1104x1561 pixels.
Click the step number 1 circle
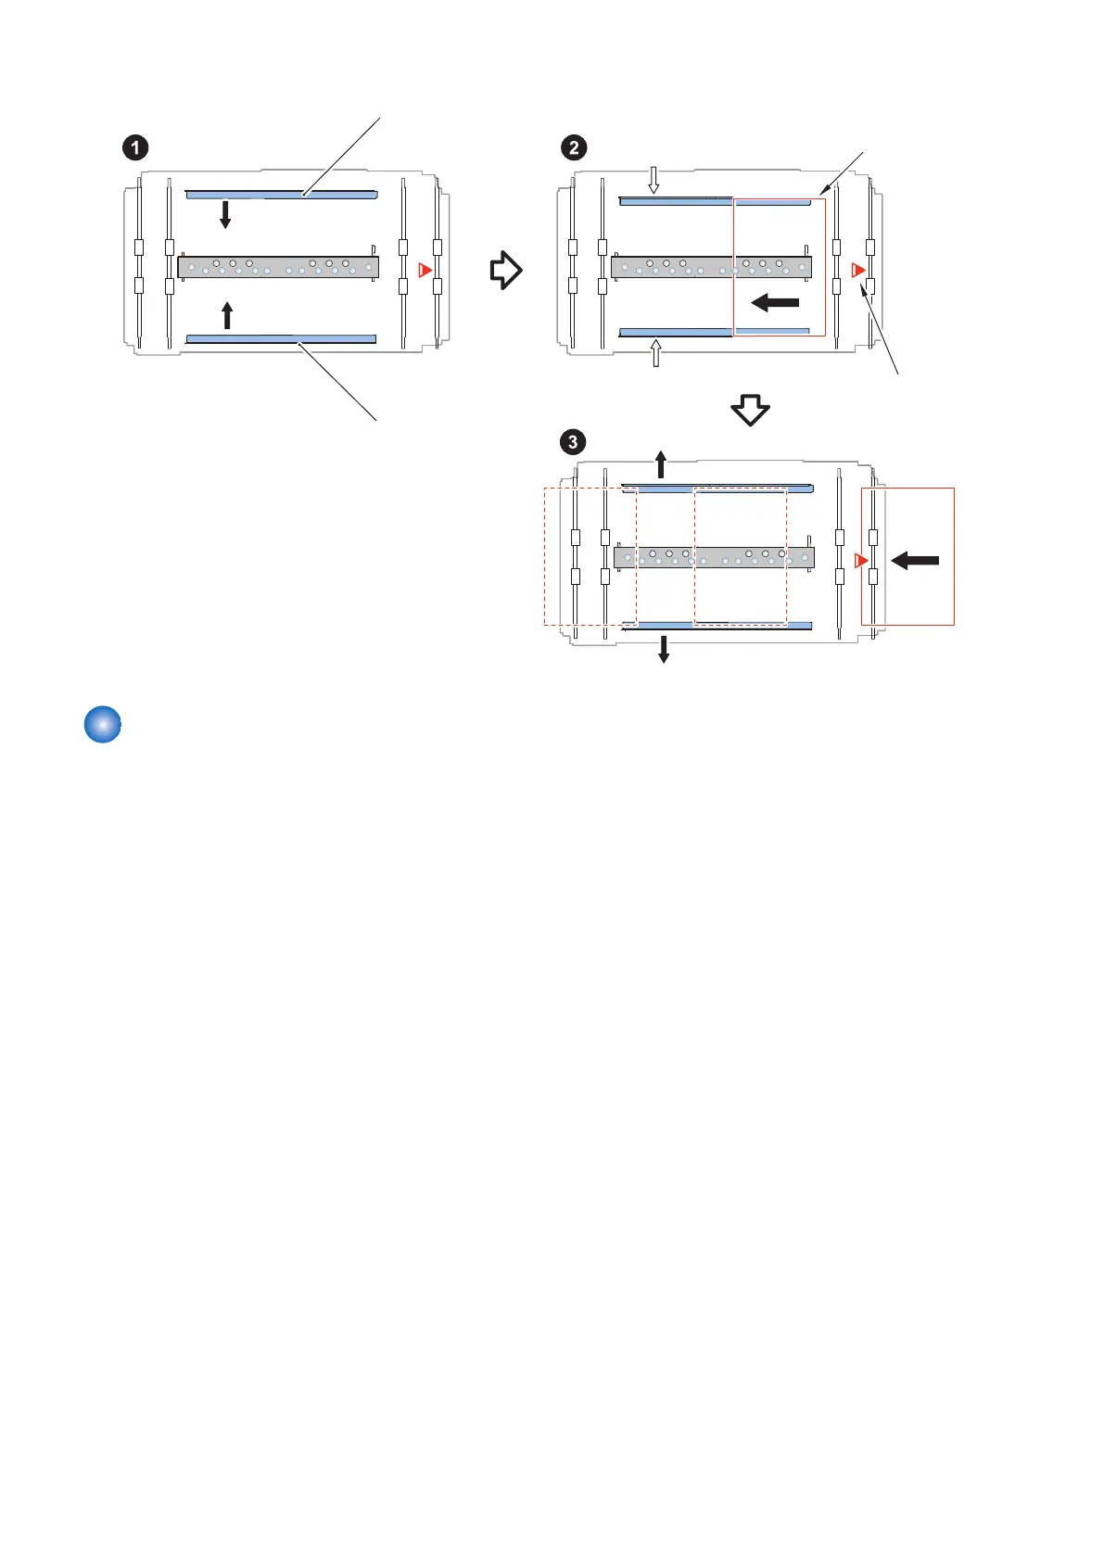(x=135, y=147)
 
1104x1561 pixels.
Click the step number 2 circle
(x=574, y=147)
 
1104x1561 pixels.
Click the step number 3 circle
(x=573, y=441)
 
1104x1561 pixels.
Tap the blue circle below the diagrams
(x=103, y=725)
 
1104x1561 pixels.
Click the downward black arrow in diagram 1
(x=225, y=214)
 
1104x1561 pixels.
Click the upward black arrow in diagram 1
(x=228, y=315)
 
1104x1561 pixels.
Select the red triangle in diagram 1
(x=425, y=270)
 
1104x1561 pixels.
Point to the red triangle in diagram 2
(x=858, y=271)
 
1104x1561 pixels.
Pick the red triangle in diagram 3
(x=861, y=561)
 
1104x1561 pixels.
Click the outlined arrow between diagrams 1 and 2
(x=506, y=270)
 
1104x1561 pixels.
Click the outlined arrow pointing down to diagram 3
(x=751, y=410)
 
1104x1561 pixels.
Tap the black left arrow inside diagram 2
(x=775, y=302)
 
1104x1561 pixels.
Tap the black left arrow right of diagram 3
(x=915, y=560)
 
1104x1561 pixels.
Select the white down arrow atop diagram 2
(x=654, y=181)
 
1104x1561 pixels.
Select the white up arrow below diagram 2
(x=656, y=352)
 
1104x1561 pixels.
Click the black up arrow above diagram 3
(x=661, y=463)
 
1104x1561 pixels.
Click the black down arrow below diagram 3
(x=664, y=649)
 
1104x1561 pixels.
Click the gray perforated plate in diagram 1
(x=278, y=267)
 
